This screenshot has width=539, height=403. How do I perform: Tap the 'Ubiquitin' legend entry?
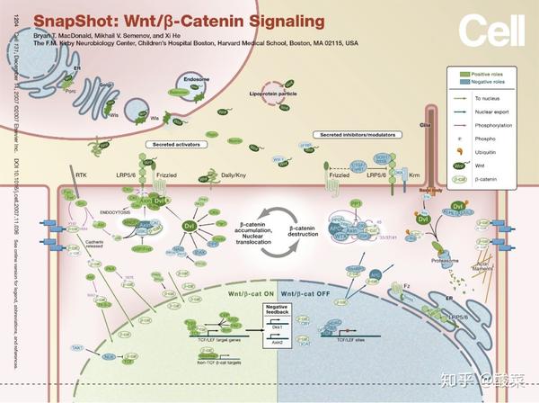coord(490,153)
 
